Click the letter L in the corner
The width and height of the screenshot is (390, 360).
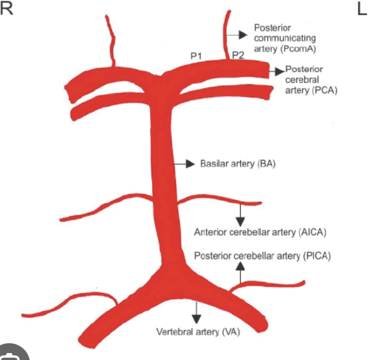(x=362, y=10)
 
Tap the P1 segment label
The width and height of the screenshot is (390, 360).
(x=196, y=56)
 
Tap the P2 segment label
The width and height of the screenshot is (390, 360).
(x=238, y=56)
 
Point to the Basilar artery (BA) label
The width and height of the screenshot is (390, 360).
(x=238, y=164)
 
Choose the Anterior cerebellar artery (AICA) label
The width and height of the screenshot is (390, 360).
(x=260, y=233)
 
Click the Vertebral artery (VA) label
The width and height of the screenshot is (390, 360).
(x=198, y=332)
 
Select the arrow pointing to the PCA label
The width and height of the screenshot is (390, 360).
(x=277, y=71)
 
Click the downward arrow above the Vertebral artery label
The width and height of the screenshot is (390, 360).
(x=197, y=313)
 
